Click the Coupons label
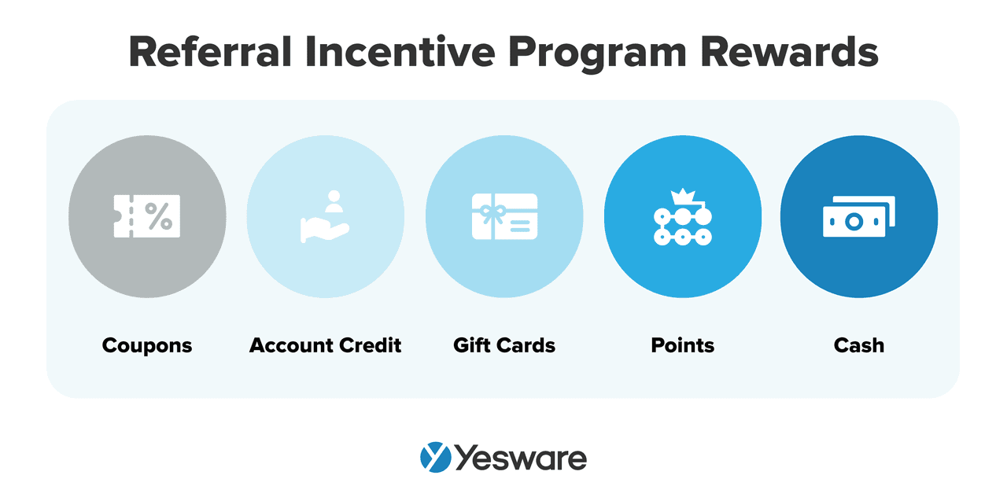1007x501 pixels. point(147,345)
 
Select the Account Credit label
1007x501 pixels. point(325,345)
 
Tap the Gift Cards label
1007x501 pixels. point(504,345)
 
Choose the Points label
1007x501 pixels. point(682,345)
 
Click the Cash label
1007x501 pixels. point(859,345)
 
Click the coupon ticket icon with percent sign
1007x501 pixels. point(147,216)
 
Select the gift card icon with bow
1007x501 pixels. point(504,217)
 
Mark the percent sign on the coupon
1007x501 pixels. point(158,216)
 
